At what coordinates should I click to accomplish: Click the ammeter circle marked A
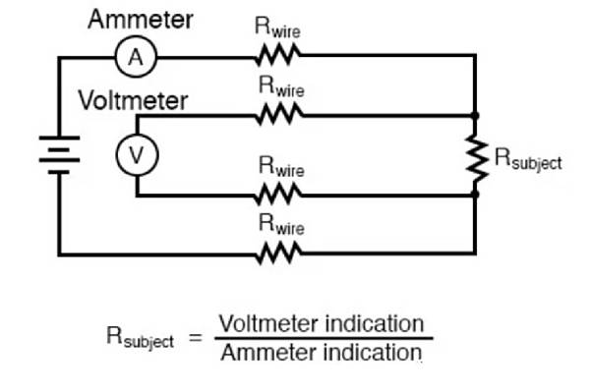coord(137,59)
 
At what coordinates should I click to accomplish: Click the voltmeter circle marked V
coord(137,153)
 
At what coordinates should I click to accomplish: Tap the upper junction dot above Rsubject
coord(476,116)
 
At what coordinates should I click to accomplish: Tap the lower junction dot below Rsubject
coord(476,195)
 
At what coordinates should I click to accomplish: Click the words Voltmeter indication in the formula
coord(321,323)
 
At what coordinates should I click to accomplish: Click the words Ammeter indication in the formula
coord(321,353)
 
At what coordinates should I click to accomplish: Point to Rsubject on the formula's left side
coord(140,338)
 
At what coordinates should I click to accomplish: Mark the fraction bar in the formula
coord(321,338)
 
